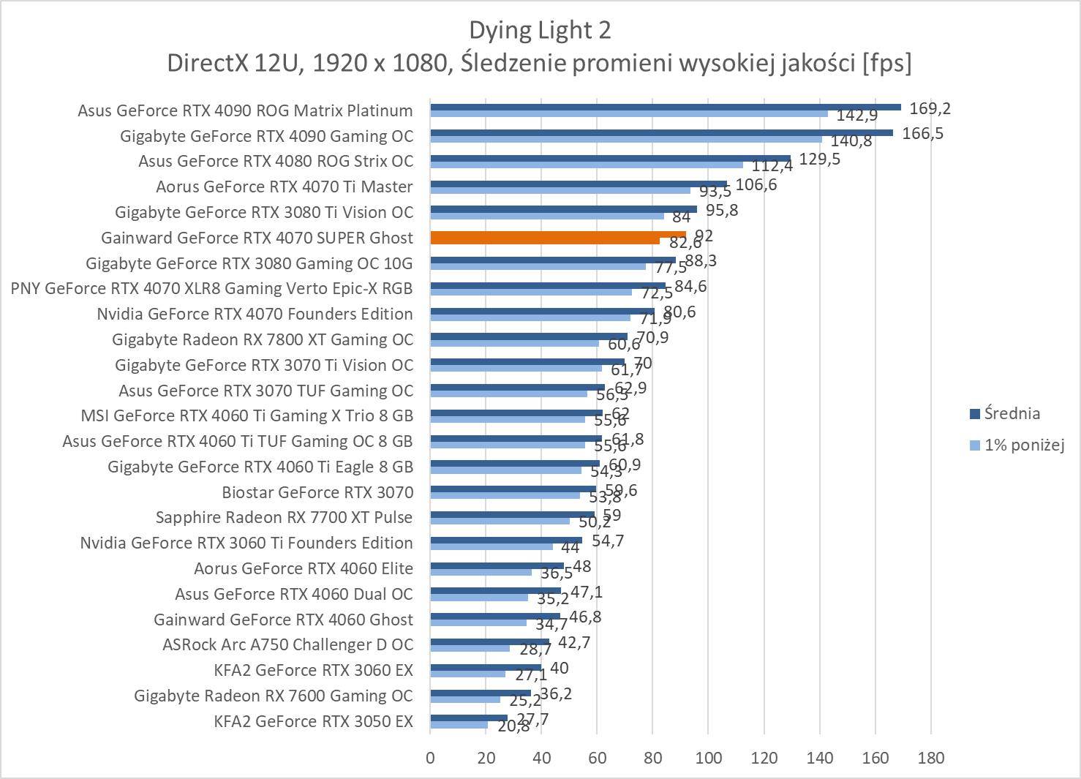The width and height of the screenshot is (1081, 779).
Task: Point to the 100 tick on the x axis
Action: (x=708, y=758)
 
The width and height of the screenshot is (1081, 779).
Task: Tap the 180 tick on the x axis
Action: (x=930, y=758)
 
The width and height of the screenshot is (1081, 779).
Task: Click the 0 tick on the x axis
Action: (x=430, y=758)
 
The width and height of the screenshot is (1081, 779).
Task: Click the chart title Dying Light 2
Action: (x=540, y=31)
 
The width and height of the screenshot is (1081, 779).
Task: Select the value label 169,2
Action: (x=930, y=109)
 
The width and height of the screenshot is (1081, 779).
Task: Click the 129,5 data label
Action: (x=819, y=159)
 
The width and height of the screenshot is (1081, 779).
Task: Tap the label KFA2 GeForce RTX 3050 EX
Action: (x=313, y=721)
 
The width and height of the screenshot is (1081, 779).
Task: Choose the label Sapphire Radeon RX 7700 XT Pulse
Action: (x=284, y=517)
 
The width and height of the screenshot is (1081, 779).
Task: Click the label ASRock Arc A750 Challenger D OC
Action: (x=287, y=644)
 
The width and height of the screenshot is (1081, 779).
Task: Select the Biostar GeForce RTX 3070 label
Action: (x=317, y=492)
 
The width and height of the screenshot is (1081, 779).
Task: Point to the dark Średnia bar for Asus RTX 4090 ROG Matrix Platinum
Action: (x=666, y=107)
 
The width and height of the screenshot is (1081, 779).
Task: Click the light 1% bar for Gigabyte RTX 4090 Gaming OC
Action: (x=625, y=139)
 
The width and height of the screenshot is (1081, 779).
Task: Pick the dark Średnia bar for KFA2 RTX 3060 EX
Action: (x=486, y=666)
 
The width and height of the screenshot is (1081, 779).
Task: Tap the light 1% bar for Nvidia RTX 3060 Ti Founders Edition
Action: (x=491, y=546)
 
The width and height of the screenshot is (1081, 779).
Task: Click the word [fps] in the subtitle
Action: (x=886, y=63)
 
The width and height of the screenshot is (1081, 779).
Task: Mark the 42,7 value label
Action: (x=573, y=643)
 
